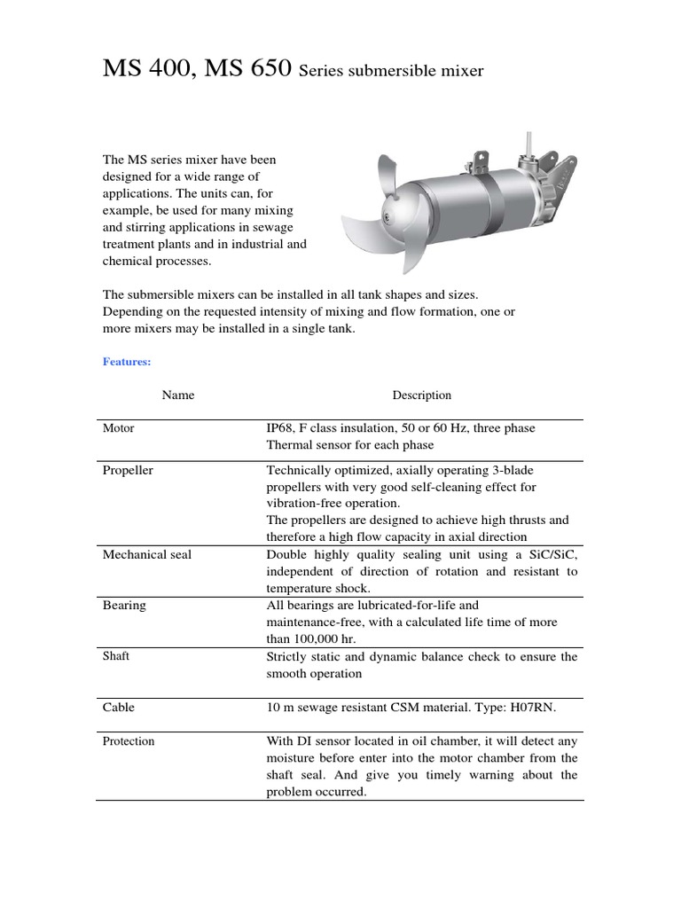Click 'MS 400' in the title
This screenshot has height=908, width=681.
[145, 70]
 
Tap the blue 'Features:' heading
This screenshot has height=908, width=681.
[127, 362]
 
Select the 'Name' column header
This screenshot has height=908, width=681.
[178, 395]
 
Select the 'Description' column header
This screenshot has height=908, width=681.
[422, 395]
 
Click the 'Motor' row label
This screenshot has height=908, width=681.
[119, 428]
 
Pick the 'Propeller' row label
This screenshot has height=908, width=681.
[128, 471]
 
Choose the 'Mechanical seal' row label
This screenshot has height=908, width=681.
[147, 555]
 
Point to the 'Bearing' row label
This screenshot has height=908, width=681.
[124, 606]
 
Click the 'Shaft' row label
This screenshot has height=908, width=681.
[116, 656]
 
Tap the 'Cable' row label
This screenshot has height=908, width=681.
[119, 708]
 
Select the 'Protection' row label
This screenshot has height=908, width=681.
[129, 741]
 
